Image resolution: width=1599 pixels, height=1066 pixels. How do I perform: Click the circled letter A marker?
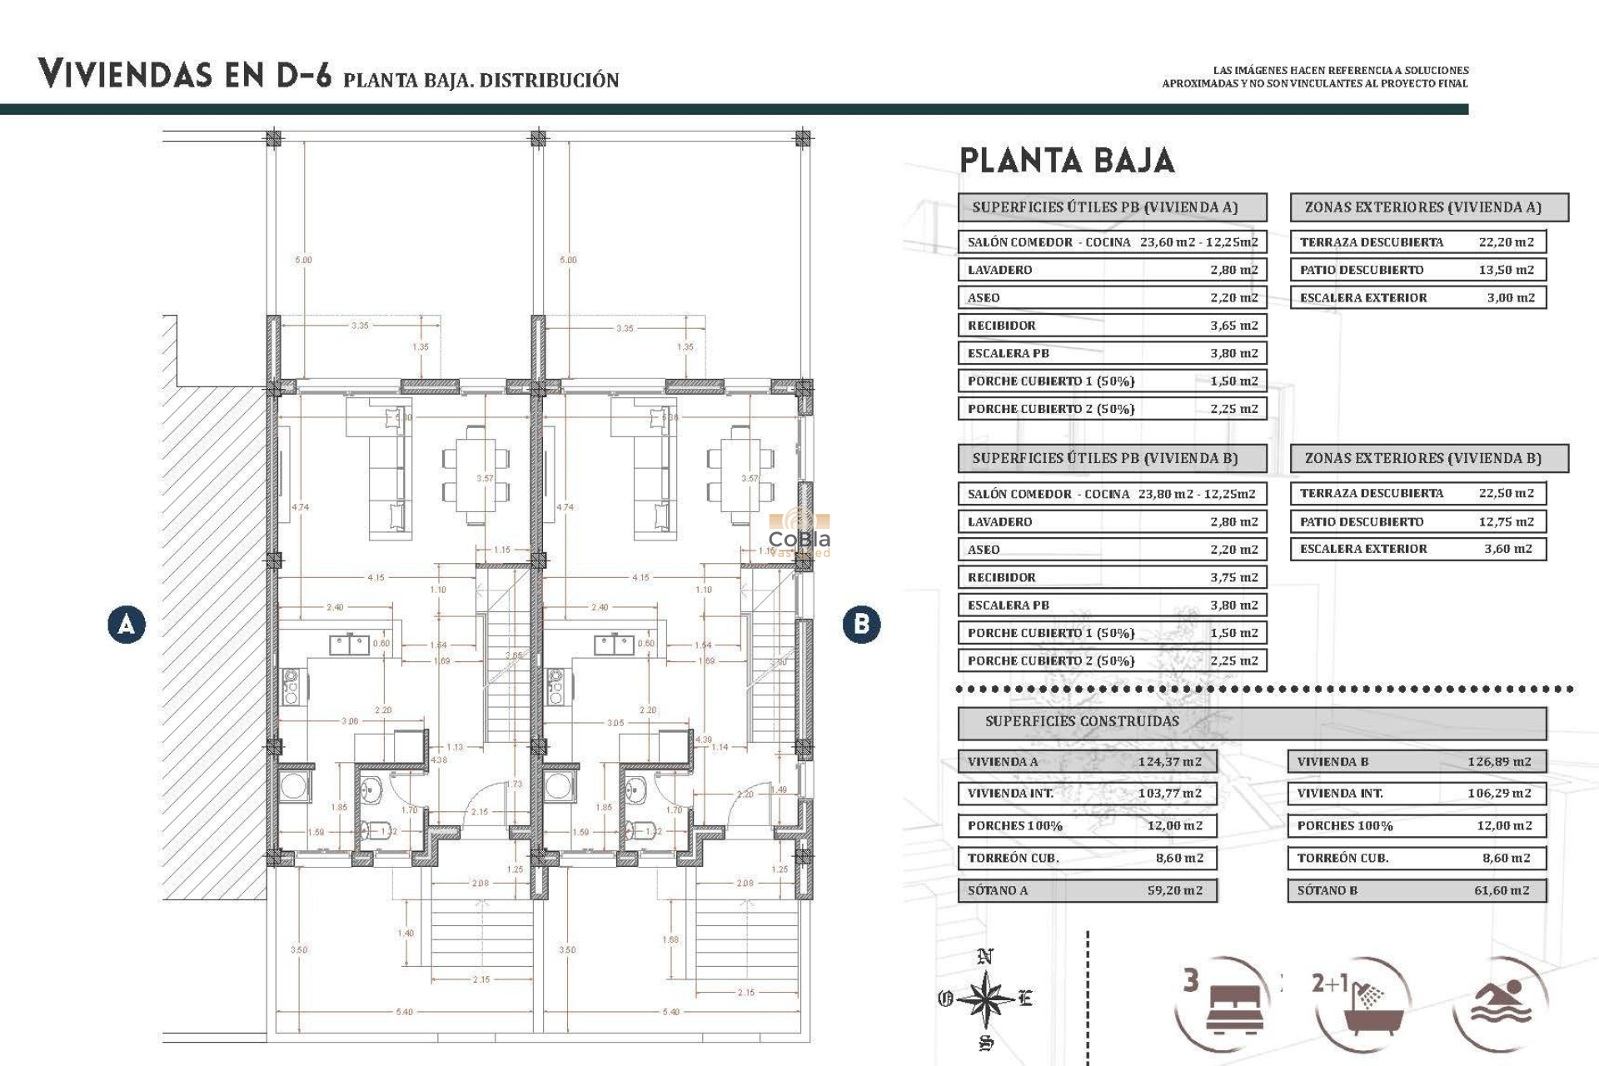tap(127, 625)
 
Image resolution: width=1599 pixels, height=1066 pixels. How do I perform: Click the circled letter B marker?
tap(861, 625)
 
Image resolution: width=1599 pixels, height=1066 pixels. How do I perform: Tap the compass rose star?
tap(985, 998)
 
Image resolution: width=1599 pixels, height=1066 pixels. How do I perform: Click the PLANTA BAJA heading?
tap(1067, 161)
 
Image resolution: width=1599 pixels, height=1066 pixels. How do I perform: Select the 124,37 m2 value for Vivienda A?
tap(1169, 761)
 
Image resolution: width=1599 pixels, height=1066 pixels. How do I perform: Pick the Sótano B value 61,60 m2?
tap(1501, 890)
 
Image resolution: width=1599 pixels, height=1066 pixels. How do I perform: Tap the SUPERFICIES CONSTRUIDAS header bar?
tap(1252, 722)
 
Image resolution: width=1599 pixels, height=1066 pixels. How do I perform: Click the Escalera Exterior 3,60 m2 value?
tap(1507, 549)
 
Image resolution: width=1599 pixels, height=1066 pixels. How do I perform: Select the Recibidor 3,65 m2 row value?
tap(1233, 326)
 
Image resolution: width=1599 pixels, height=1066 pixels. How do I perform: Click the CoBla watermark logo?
tap(799, 533)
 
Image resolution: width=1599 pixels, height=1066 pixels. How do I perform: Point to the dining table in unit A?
tap(476, 475)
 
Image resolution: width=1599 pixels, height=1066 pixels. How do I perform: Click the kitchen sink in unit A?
tap(350, 644)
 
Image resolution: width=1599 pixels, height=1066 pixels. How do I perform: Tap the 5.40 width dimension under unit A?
tap(404, 1012)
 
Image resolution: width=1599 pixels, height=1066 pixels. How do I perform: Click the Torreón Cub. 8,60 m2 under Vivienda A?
tap(1178, 858)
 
